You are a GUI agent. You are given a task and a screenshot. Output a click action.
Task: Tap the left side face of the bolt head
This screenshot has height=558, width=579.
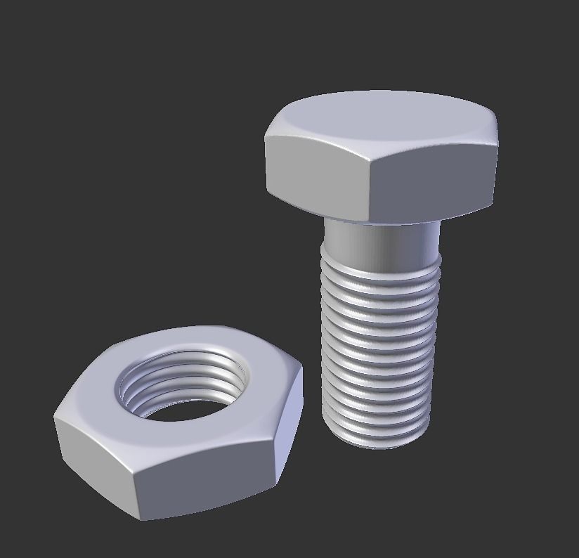(x=316, y=176)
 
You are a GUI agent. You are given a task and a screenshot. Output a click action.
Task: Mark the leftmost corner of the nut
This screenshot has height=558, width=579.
(x=55, y=420)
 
